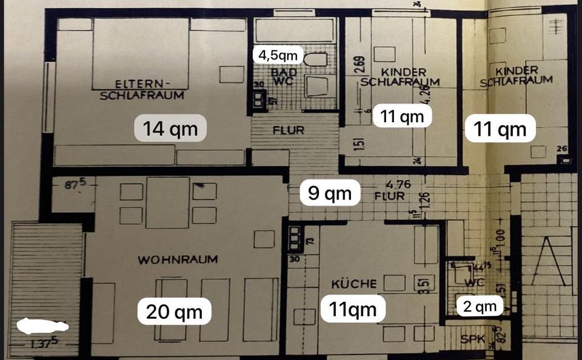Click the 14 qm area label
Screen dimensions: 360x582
pos(170,128)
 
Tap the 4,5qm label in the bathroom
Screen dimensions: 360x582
pos(278,55)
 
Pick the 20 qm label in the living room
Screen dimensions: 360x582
pos(175,312)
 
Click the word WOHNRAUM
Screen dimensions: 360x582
pos(178,260)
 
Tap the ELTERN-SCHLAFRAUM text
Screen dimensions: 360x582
pos(142,89)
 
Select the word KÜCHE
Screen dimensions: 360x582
pos(354,284)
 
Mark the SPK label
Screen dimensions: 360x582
pos(473,340)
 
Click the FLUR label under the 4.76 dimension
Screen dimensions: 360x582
pos(389,196)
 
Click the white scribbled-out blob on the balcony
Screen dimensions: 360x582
pos(42,326)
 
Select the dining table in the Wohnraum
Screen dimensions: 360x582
pos(167,202)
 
